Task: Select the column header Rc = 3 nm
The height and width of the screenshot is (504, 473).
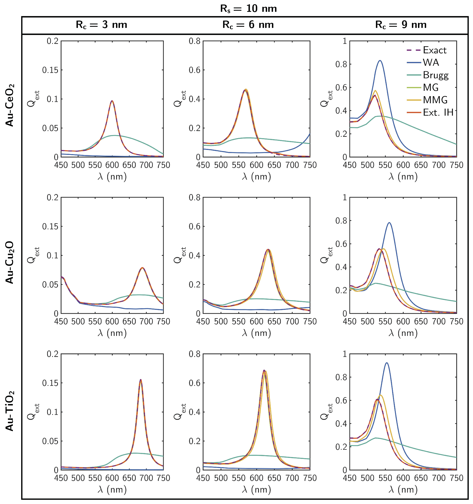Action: [x=101, y=25]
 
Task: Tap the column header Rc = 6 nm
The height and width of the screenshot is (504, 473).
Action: [x=248, y=25]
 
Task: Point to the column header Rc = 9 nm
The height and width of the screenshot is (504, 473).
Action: [x=401, y=25]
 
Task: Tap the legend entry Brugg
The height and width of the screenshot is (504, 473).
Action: [x=435, y=75]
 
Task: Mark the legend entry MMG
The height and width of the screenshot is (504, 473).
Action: [x=435, y=100]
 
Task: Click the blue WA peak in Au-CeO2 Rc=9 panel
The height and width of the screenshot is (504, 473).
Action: [x=380, y=61]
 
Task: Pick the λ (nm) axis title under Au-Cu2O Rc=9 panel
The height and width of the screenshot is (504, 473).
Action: [x=403, y=333]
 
